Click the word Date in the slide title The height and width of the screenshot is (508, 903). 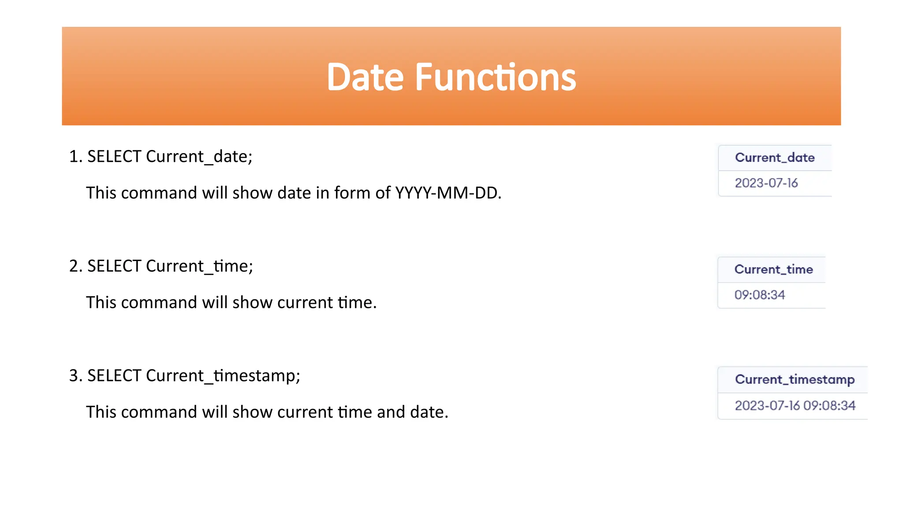click(x=365, y=77)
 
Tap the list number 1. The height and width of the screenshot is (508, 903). click(x=75, y=157)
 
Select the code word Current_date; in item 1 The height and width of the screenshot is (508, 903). click(x=199, y=157)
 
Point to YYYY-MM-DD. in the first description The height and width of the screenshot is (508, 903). click(x=448, y=193)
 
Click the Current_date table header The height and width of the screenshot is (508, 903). click(x=774, y=157)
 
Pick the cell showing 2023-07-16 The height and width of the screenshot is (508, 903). click(x=766, y=183)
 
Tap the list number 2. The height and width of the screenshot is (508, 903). click(x=75, y=266)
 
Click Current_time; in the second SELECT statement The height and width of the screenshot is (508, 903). click(x=199, y=266)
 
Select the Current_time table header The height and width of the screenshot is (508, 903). click(x=773, y=269)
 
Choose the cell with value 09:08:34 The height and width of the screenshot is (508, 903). click(x=760, y=295)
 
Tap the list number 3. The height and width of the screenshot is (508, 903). click(x=75, y=376)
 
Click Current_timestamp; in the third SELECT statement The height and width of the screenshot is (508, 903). click(x=223, y=376)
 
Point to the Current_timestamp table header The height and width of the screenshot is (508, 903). click(x=795, y=379)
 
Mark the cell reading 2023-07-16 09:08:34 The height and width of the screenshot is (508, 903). click(x=795, y=405)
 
